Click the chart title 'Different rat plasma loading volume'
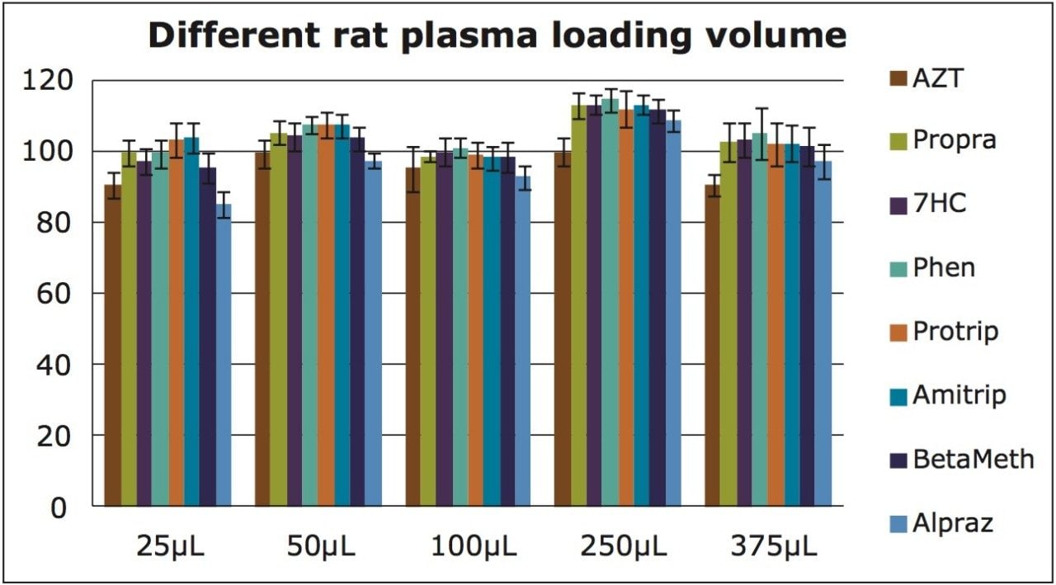point(497,36)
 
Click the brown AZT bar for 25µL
point(112,347)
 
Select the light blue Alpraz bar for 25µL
point(224,355)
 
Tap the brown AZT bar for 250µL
point(563,330)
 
